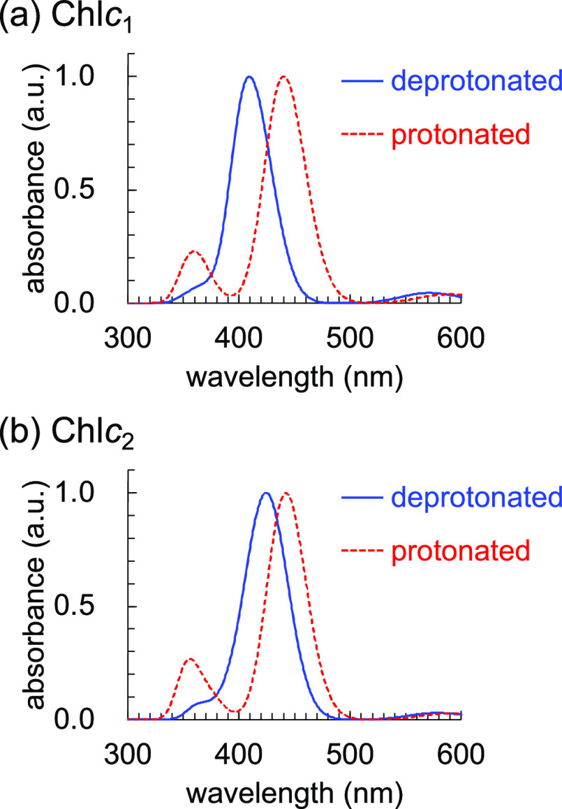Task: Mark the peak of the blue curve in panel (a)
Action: point(249,77)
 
